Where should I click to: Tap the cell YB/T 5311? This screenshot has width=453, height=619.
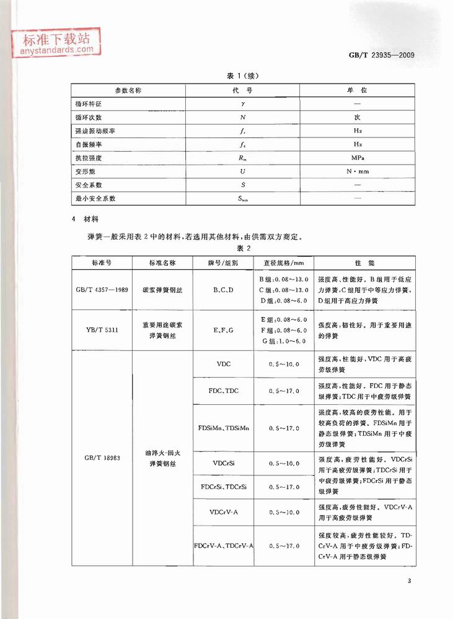102,329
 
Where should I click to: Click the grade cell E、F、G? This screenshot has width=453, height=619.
224,330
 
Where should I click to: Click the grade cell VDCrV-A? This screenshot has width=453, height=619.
224,512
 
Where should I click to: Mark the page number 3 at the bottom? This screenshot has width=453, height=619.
410,580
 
